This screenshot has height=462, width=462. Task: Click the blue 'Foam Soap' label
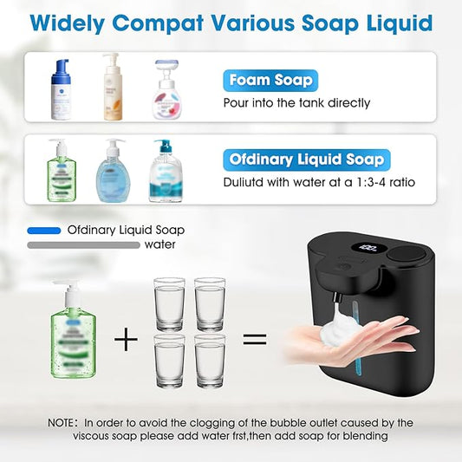pyautogui.click(x=270, y=81)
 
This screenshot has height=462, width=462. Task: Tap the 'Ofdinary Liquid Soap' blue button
pyautogui.click(x=306, y=159)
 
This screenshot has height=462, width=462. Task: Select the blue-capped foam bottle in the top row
pyautogui.click(x=61, y=89)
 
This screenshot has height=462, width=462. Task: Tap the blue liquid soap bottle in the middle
pyautogui.click(x=113, y=171)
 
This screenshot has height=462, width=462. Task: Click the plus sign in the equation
pyautogui.click(x=127, y=339)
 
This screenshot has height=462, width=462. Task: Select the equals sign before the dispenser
pyautogui.click(x=254, y=339)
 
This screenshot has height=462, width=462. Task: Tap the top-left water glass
pyautogui.click(x=169, y=299)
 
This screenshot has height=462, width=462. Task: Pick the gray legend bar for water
pyautogui.click(x=83, y=245)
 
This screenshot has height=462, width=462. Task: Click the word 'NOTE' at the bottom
pyautogui.click(x=63, y=423)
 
